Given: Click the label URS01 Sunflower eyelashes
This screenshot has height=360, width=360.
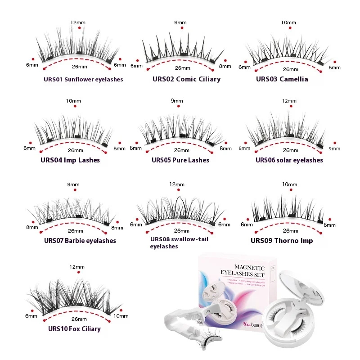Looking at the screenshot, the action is (83, 80).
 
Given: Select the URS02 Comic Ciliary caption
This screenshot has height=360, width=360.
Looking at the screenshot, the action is (186, 79).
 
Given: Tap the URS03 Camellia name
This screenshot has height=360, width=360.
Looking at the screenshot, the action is (282, 79).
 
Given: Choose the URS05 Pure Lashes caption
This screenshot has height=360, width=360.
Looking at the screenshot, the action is (180, 160).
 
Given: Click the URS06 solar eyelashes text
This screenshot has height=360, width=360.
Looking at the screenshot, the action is (289, 160).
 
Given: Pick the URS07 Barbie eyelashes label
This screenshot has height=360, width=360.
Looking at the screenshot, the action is (80, 240).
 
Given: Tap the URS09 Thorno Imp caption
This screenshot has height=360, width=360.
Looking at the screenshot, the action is (282, 241).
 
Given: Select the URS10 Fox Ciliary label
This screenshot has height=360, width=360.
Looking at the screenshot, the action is (74, 328).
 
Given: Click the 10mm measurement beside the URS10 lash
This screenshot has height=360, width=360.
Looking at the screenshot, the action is (121, 316).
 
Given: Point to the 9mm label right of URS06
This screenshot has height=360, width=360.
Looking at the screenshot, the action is (335, 148).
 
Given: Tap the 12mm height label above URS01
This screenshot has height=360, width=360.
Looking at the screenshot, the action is (77, 22).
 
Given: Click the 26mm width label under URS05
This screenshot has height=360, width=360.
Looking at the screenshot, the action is (182, 150).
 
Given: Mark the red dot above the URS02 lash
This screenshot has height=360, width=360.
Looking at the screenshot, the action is (179, 28).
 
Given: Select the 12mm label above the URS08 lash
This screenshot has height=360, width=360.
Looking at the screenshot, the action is (177, 184).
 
